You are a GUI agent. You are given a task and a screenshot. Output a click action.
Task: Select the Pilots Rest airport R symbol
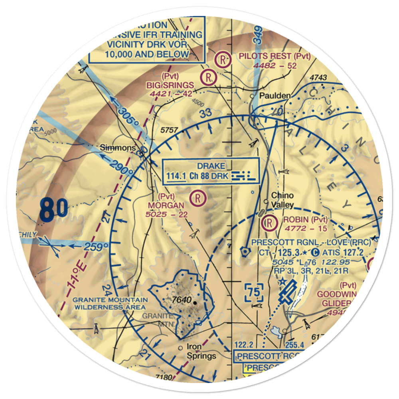pos(222,60)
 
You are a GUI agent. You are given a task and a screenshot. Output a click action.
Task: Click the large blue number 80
pos(53,210)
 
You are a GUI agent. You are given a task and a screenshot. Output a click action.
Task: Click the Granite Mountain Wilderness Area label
pos(111,303)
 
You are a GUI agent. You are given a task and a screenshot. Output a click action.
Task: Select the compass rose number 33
pos(205,113)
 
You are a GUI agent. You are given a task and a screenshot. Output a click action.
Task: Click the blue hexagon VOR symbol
pos(244,251)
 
